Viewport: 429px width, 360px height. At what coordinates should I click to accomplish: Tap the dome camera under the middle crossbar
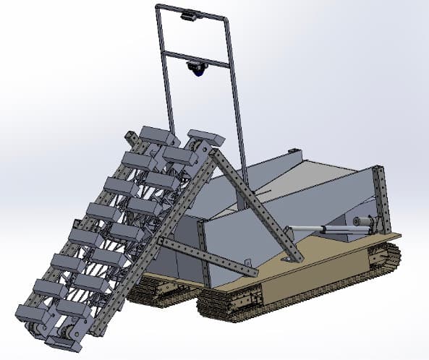tap(196, 68)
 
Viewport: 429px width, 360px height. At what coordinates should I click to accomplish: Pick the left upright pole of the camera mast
tap(164, 72)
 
